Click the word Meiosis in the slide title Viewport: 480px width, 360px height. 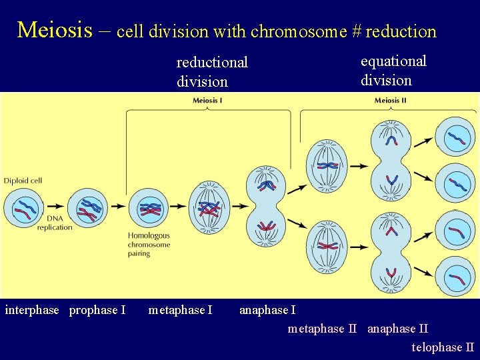pos(55,30)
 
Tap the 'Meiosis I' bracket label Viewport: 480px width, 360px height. pos(207,101)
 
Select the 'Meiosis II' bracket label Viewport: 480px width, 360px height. pos(390,101)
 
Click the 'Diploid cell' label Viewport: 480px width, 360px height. pos(23,181)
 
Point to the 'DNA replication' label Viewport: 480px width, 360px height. pos(55,223)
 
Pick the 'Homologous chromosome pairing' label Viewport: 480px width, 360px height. pos(149,244)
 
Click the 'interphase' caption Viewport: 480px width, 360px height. pos(32,310)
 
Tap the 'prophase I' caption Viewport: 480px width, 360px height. pos(97,310)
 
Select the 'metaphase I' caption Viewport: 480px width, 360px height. pos(180,310)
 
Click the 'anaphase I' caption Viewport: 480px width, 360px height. pos(267,310)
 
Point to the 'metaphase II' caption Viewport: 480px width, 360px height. pos(325,329)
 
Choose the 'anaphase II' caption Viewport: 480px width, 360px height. pos(398,329)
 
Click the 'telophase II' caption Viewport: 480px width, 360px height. pos(443,347)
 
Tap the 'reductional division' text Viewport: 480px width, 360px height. pos(211,72)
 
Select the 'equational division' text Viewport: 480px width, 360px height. pos(393,71)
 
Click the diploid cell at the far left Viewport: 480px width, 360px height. pos(24,208)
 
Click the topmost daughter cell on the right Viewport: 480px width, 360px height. pos(455,137)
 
